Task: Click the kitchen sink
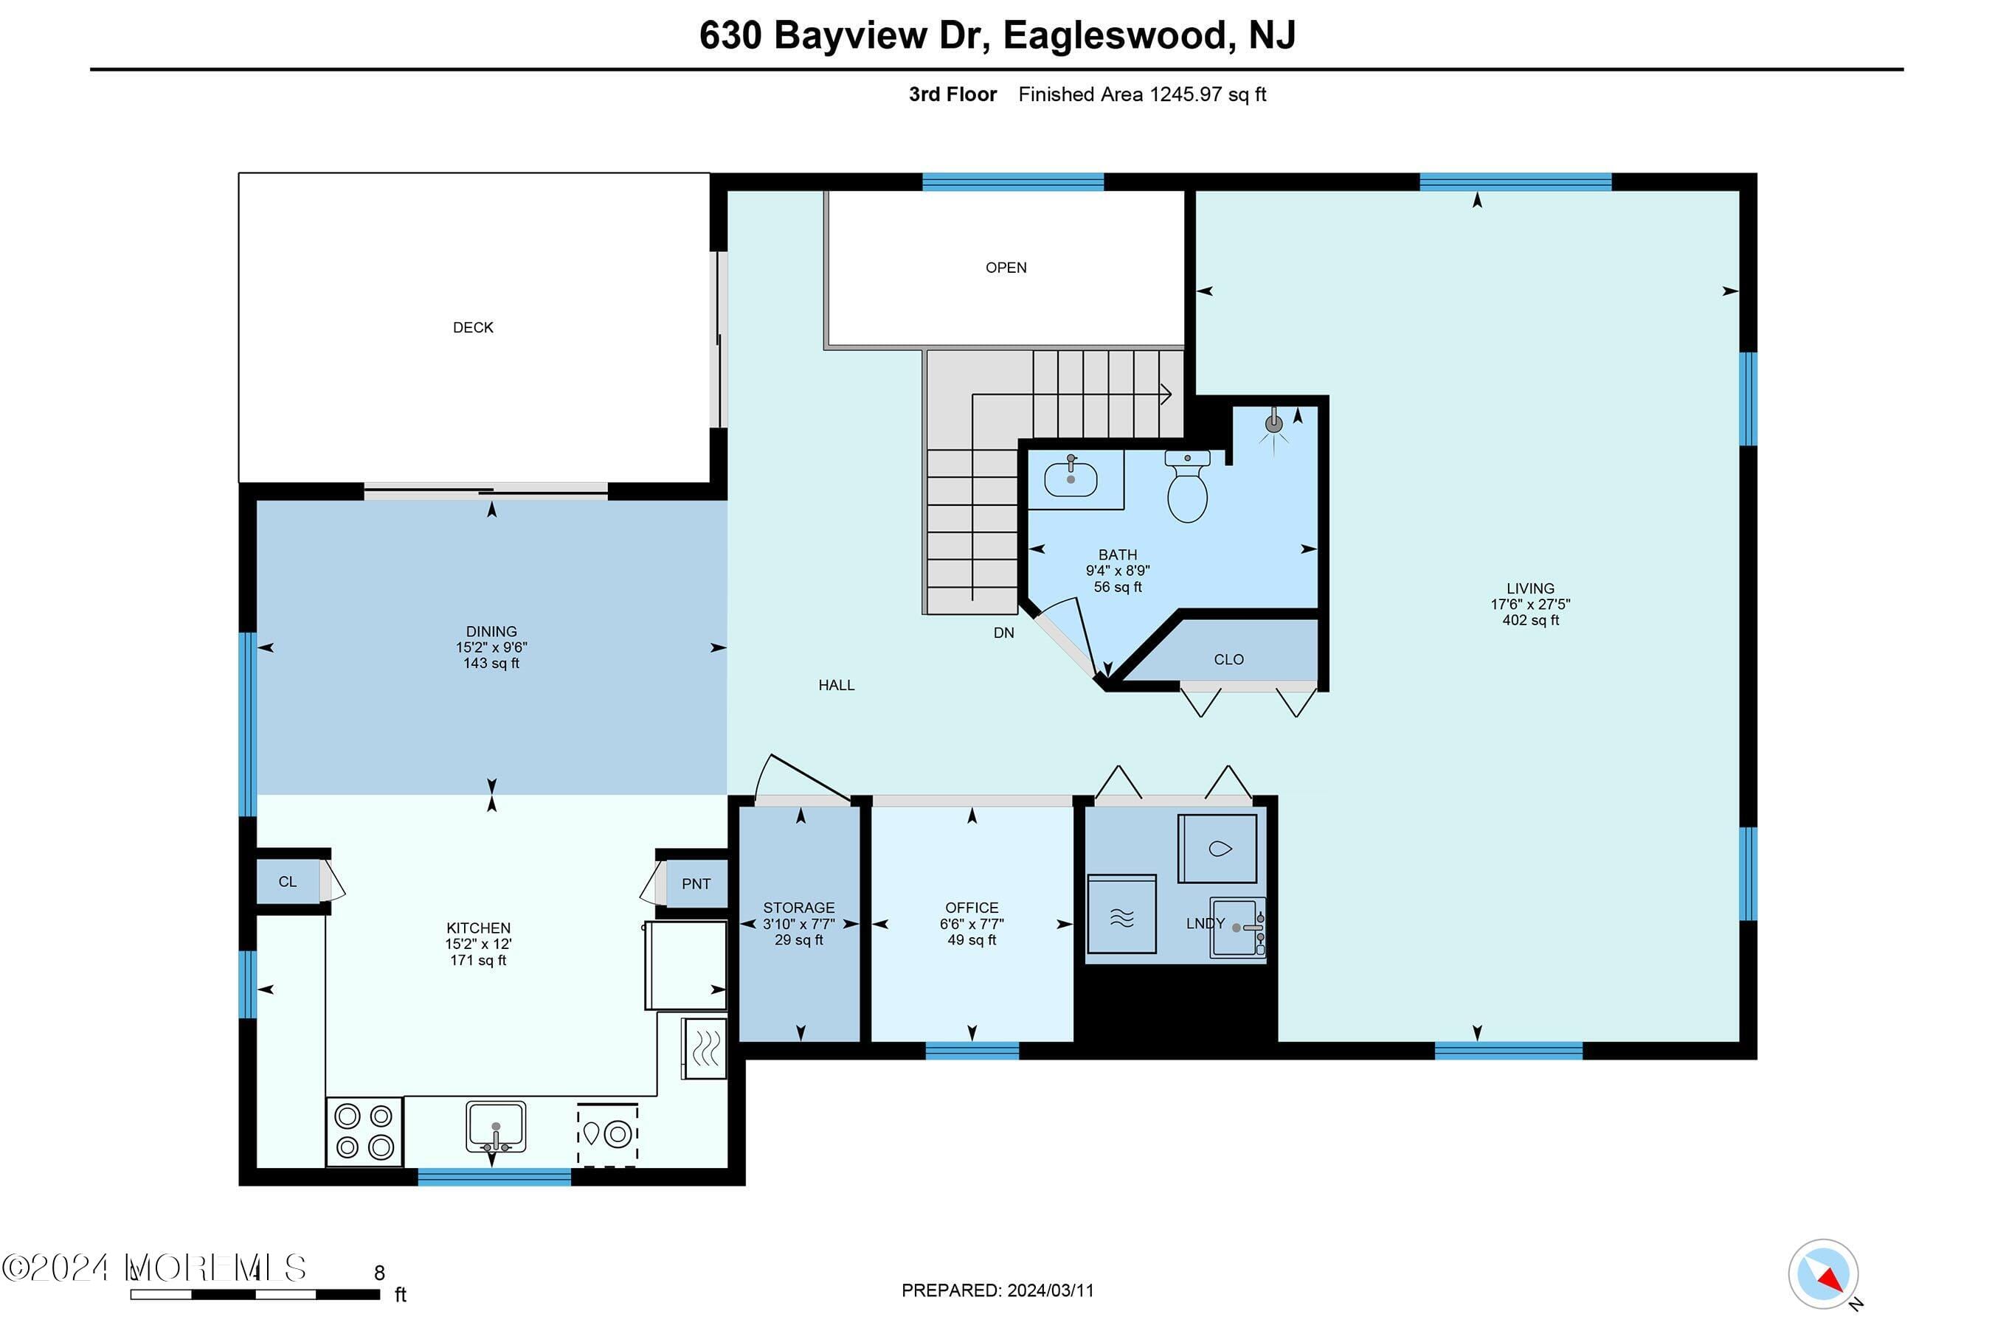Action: click(x=496, y=1127)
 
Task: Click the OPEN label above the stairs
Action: click(x=1006, y=268)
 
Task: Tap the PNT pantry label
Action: click(x=696, y=884)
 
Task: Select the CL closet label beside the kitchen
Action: click(x=287, y=882)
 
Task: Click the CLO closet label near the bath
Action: click(x=1228, y=660)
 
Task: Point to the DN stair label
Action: click(x=1004, y=633)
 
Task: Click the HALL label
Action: click(x=837, y=685)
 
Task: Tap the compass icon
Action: click(x=1822, y=1273)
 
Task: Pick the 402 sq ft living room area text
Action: click(x=1530, y=620)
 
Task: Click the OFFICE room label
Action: click(x=972, y=907)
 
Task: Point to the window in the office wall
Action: click(x=972, y=1051)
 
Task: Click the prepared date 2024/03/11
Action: click(x=1051, y=1290)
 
